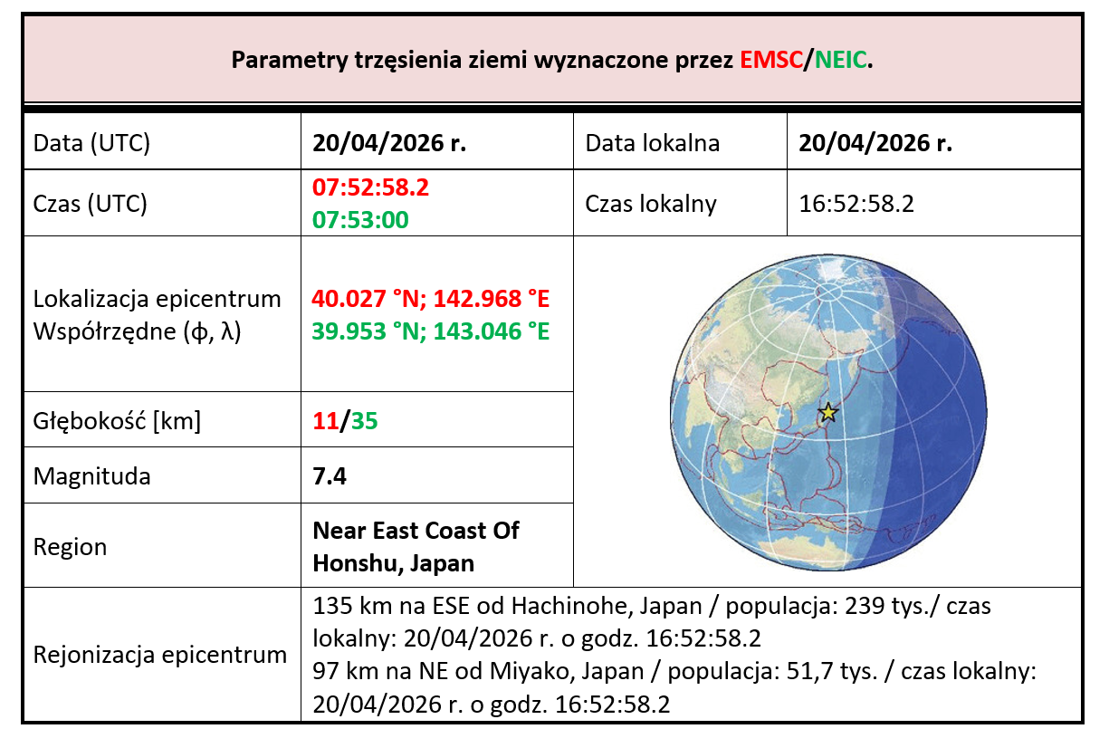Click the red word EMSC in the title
point(770,61)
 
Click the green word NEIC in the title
point(840,61)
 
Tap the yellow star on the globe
point(827,413)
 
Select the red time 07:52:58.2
point(370,188)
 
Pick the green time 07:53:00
point(360,219)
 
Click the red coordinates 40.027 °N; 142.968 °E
point(430,299)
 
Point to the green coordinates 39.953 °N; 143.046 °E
point(430,331)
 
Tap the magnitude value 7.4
point(330,475)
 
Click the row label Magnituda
point(91,475)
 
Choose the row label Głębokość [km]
point(117,420)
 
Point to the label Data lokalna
point(652,143)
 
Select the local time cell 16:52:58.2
point(856,203)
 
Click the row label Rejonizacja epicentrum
point(159,655)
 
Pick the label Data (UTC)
point(91,143)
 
